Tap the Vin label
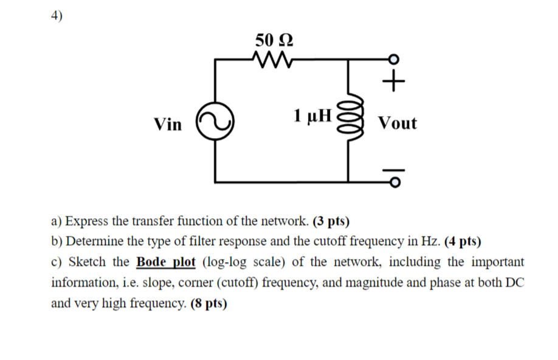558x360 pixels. pyautogui.click(x=168, y=125)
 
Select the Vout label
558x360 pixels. pyautogui.click(x=397, y=123)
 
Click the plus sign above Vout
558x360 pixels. pyautogui.click(x=394, y=80)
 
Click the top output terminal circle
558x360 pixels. pyautogui.click(x=394, y=60)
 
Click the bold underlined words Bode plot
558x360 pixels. pyautogui.click(x=166, y=262)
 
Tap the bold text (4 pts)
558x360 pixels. pyautogui.click(x=463, y=241)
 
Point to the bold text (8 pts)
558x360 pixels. pyautogui.click(x=208, y=303)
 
